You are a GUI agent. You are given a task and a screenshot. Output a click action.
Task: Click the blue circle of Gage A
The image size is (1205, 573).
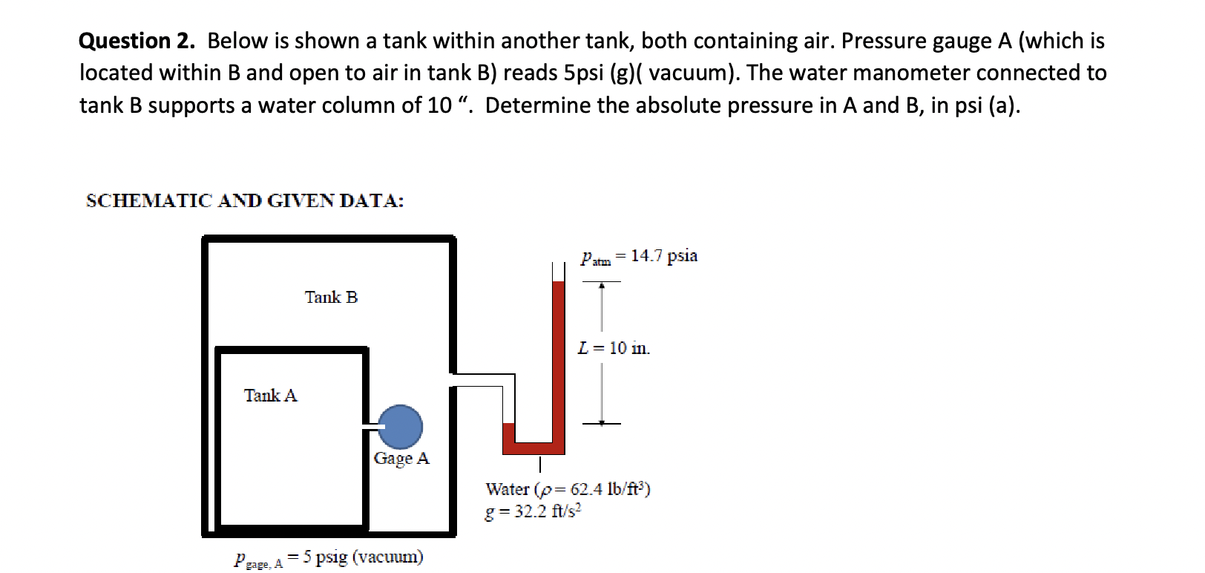point(401,427)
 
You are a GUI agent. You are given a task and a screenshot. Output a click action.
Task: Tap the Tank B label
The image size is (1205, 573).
point(331,298)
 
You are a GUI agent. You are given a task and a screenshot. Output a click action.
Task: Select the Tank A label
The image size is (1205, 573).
point(270,396)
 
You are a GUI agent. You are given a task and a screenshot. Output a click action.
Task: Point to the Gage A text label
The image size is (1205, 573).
point(401,459)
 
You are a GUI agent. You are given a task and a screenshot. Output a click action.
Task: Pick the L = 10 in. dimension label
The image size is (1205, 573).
point(614,348)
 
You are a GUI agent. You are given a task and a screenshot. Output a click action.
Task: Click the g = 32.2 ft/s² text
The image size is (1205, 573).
point(533,512)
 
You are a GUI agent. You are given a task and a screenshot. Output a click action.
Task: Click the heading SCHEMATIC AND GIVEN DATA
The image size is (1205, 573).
point(245,201)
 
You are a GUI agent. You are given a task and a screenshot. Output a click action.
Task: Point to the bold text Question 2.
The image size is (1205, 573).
point(137,41)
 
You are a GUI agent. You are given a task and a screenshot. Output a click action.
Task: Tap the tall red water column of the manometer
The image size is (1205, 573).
point(558,356)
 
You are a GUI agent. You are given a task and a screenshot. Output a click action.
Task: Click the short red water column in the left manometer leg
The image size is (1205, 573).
point(508,434)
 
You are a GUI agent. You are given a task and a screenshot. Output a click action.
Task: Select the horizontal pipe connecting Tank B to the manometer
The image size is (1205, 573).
point(482,380)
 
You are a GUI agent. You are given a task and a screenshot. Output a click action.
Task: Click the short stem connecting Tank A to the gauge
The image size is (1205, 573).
point(371,427)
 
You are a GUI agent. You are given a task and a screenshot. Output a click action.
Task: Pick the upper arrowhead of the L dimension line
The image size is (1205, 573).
point(602,286)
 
